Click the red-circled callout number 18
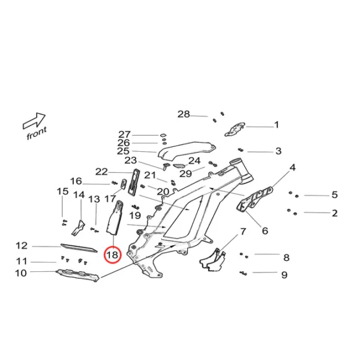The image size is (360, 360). [113, 255]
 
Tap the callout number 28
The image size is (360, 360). [183, 114]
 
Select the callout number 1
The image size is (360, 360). [277, 125]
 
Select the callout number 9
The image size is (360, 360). [284, 275]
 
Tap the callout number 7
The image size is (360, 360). [243, 231]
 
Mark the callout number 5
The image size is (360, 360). [334, 194]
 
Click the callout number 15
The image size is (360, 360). [62, 191]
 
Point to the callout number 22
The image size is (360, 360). [101, 172]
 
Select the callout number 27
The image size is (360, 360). [124, 134]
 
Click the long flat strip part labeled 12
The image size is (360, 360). [77, 247]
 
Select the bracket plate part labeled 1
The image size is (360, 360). [236, 128]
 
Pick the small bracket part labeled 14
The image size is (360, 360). [79, 226]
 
